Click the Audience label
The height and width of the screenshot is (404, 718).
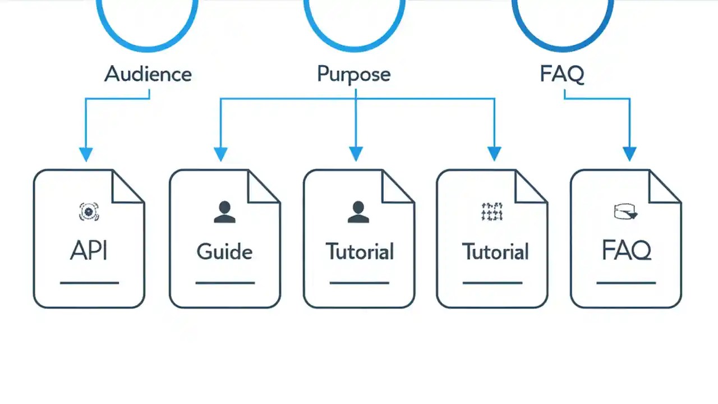point(148,74)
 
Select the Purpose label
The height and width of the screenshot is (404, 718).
point(354,74)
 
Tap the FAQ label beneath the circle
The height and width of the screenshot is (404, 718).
point(562,74)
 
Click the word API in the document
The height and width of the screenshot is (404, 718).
point(89,251)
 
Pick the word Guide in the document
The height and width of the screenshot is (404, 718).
point(224,252)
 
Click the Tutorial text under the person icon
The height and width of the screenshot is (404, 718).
point(360,251)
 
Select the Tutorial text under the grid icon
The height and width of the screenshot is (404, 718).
point(495,252)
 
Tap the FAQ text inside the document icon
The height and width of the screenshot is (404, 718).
point(626,251)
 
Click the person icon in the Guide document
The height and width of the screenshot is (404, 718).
point(225,212)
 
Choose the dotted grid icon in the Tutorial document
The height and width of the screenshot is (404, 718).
point(492,212)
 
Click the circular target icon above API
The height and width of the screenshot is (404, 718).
point(89,212)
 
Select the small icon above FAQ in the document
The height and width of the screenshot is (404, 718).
point(625,212)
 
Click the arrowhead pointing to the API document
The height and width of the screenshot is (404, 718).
point(85,154)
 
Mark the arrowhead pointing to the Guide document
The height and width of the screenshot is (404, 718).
point(220,154)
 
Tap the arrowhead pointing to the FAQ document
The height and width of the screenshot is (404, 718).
point(629,154)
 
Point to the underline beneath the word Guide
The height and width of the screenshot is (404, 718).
point(224,283)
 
